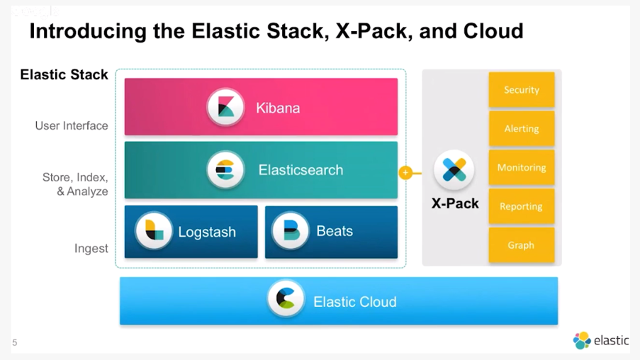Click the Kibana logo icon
pos(225,107)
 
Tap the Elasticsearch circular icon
pos(225,170)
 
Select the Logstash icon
pos(154,231)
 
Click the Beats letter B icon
pos(291,231)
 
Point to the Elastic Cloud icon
pos(286,299)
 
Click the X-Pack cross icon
pos(454,169)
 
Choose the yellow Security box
pos(522,90)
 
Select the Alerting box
pos(522,128)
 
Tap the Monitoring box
pos(522,167)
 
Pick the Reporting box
pos(522,206)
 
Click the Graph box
pos(522,245)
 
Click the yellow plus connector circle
pos(405,173)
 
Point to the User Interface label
pos(72,125)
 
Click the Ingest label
pos(91,249)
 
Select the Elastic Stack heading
pos(64,74)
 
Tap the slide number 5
pos(15,342)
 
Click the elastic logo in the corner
pos(601,340)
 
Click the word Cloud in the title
pos(493,31)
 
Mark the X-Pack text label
pos(455,203)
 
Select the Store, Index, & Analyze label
pos(75,184)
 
